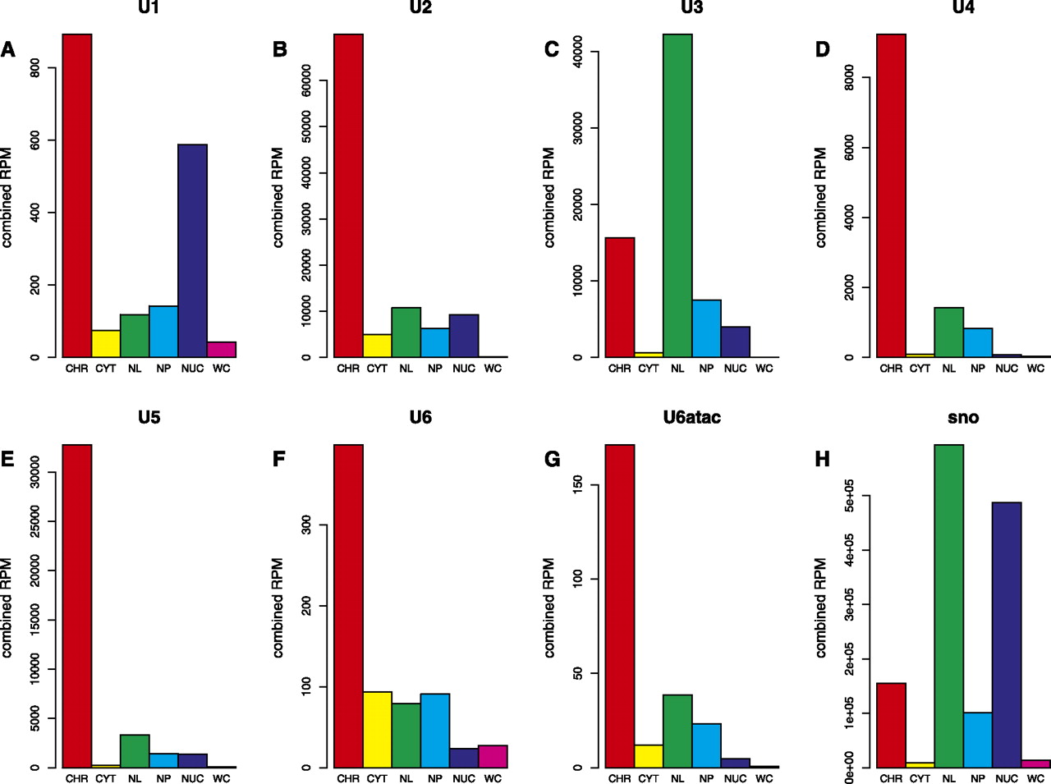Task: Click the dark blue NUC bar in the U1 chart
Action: click(x=192, y=250)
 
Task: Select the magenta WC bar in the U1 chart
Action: click(x=221, y=350)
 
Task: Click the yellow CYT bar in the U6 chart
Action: click(x=377, y=730)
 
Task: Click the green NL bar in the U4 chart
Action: click(x=949, y=332)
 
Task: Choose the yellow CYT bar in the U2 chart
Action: click(x=377, y=346)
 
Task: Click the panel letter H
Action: click(x=822, y=459)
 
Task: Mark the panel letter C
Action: click(x=551, y=49)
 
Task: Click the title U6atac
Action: click(x=691, y=417)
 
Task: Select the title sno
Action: click(x=963, y=417)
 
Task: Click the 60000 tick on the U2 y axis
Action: click(x=306, y=81)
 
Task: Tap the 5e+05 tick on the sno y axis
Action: click(x=849, y=497)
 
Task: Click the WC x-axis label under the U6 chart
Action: click(x=493, y=778)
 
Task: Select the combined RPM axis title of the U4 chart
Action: click(x=820, y=197)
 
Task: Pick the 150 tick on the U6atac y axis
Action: click(x=577, y=484)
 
